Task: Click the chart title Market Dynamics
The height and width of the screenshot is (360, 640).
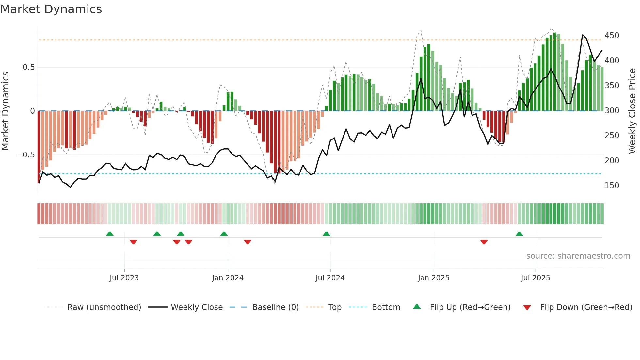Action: pos(51,9)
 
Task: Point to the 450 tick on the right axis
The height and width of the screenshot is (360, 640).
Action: pos(612,36)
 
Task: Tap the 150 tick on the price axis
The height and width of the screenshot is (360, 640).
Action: pos(612,186)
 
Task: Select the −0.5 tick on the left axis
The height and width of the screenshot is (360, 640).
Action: pos(25,155)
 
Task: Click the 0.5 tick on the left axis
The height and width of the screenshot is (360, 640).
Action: pos(28,67)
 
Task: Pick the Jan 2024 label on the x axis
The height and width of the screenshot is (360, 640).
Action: pos(228,278)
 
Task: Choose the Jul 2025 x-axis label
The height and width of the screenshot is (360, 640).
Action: pos(535,278)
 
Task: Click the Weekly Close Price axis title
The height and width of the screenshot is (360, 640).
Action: pos(632,111)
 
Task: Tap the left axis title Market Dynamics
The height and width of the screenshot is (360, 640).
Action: pos(5,111)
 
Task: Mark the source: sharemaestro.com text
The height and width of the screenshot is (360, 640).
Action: pos(578,256)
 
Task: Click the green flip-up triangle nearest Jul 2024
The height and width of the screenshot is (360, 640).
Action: pos(326,234)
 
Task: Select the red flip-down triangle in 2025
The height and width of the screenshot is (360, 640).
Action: pos(484,242)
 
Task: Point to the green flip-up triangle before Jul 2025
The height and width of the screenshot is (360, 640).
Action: pos(519,234)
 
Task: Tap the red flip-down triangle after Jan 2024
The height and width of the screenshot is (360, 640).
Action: pos(248,242)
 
